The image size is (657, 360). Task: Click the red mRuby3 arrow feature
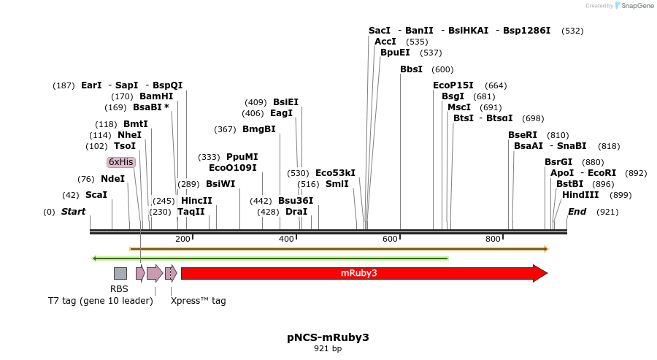point(359,273)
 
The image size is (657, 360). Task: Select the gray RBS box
point(120,273)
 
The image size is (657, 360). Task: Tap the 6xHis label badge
point(120,162)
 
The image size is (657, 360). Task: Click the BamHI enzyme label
point(156,96)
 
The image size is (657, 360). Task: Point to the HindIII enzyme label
point(580,195)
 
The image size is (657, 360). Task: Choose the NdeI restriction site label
point(112,179)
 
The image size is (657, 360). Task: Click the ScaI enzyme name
point(96,195)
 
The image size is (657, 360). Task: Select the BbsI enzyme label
point(411,69)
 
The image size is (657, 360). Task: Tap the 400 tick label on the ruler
point(286,240)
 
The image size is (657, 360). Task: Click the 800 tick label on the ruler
point(493,240)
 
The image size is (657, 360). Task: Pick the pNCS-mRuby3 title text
point(328,337)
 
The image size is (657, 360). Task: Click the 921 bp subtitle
point(328,349)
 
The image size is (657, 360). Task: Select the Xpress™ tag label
point(198,300)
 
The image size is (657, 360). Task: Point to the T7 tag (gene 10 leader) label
point(100,300)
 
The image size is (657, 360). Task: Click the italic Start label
point(73,212)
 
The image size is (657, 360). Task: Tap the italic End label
point(577,212)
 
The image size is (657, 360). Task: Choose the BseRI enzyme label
point(523,135)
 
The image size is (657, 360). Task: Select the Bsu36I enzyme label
point(296,201)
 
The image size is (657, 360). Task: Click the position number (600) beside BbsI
point(442,69)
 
